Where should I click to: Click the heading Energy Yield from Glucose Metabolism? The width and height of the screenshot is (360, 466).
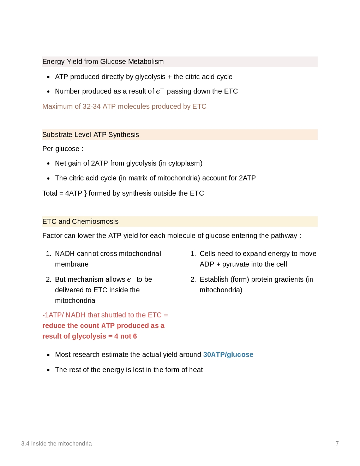[x=103, y=62]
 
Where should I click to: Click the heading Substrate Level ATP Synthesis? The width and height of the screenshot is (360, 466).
[x=91, y=135]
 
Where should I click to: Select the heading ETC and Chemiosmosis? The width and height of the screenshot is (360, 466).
[x=80, y=222]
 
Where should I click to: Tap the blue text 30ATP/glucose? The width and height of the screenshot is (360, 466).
[x=228, y=355]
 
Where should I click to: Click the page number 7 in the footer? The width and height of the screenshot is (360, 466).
[x=337, y=444]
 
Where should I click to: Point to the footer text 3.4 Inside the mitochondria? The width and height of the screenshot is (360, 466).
[x=56, y=444]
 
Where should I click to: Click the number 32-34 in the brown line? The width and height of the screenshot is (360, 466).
[x=91, y=107]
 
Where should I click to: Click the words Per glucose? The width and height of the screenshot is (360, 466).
[x=61, y=149]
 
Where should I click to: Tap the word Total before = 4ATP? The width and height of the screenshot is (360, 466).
[x=50, y=193]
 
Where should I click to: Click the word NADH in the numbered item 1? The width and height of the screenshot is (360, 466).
[x=65, y=254]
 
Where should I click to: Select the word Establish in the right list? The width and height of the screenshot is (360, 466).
[x=214, y=280]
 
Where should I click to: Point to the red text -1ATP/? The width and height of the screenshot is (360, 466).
[x=53, y=315]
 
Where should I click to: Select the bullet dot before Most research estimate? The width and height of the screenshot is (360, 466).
[x=48, y=355]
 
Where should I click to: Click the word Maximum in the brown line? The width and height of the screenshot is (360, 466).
[x=58, y=107]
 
